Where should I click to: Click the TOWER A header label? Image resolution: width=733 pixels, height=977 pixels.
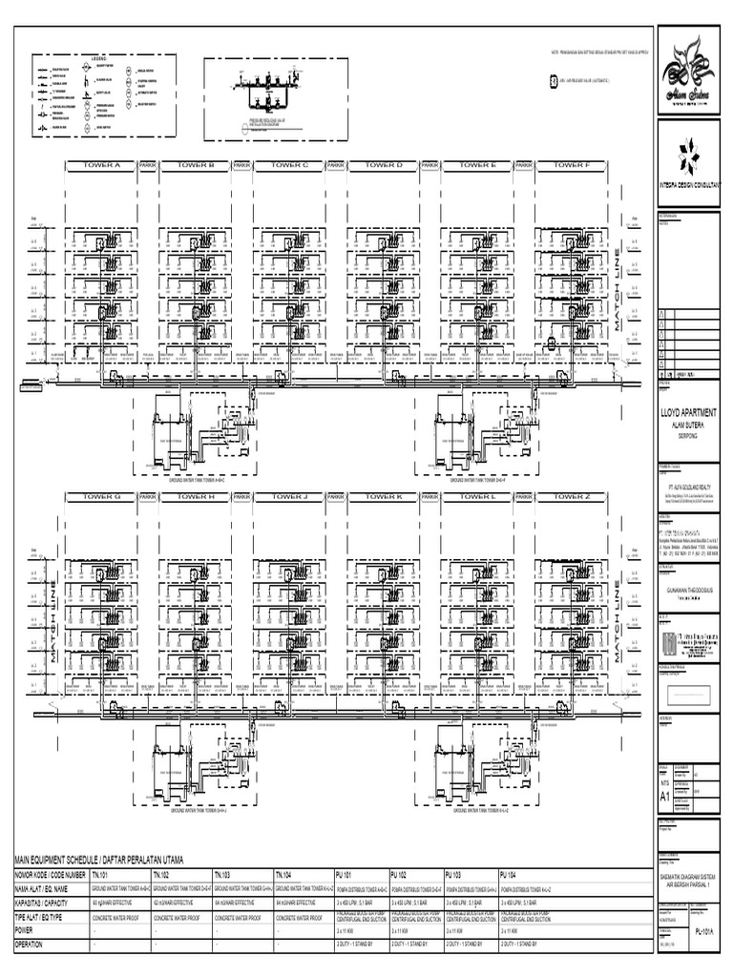coord(102,165)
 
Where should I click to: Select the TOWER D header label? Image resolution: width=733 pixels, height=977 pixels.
coord(385,165)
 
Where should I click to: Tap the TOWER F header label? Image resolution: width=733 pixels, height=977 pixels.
coord(573,165)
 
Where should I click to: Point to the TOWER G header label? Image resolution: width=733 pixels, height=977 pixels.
coord(102,497)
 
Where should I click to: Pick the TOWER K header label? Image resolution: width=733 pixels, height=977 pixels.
coord(385,497)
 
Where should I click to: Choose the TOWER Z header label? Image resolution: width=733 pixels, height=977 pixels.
coord(573,497)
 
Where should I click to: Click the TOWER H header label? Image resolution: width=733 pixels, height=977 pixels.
coord(197,497)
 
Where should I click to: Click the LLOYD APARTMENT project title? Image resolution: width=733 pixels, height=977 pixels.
coord(694,412)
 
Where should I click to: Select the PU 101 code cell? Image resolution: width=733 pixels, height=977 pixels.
coord(346,874)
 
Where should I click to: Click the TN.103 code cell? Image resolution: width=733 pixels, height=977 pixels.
coord(222,874)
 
